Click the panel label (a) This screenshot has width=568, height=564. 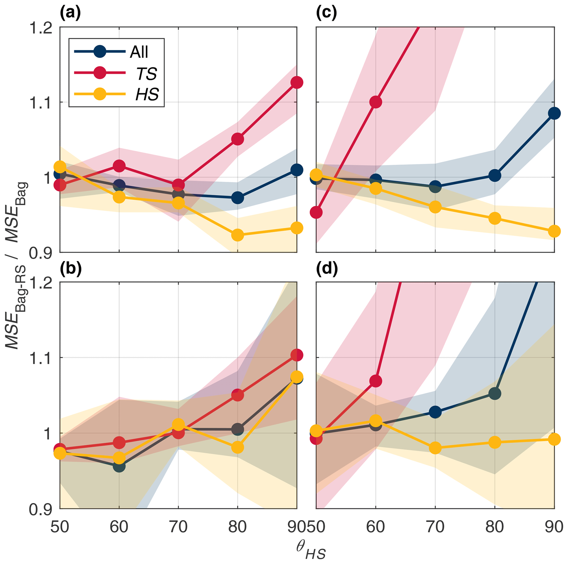[x=70, y=13]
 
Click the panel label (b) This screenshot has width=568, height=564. [x=70, y=269]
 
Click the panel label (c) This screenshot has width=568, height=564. [x=326, y=13]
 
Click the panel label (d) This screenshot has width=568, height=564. [x=327, y=269]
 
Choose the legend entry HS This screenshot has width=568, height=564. [x=147, y=94]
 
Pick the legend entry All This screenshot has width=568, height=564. [x=139, y=52]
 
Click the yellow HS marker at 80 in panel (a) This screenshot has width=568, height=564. [x=237, y=235]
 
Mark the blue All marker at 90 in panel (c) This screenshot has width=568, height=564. [x=554, y=113]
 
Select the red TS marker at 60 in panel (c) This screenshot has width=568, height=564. [x=376, y=102]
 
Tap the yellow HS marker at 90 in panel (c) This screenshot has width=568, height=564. [x=554, y=231]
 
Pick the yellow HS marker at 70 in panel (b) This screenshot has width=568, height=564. [x=178, y=424]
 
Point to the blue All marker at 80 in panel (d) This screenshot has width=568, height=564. [x=495, y=393]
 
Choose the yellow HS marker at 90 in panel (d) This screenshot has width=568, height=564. [x=554, y=439]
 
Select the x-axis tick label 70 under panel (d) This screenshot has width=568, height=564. [x=435, y=527]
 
